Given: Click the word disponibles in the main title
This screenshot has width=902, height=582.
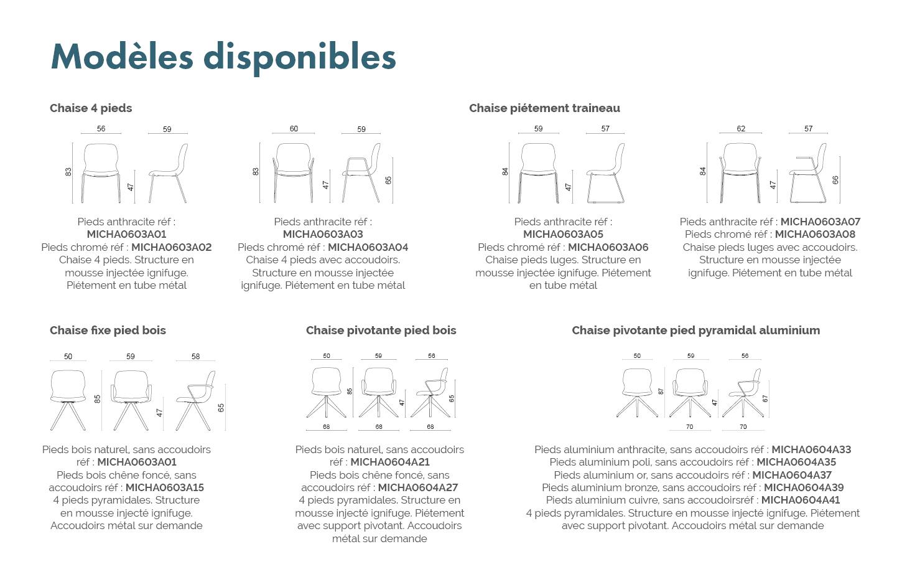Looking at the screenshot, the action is click(x=300, y=58).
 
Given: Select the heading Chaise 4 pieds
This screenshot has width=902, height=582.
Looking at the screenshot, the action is click(x=91, y=108).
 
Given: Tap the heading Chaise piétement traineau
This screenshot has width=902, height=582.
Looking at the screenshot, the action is click(x=544, y=108).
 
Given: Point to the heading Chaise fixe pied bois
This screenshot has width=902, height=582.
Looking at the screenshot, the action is click(x=108, y=331).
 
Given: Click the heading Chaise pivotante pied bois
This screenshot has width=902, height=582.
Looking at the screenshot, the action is click(x=381, y=331).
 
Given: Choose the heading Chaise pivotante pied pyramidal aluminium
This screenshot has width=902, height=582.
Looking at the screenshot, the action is click(x=696, y=331).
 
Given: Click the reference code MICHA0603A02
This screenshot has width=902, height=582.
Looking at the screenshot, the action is click(x=172, y=247).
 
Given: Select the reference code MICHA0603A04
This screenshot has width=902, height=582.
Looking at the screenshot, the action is click(x=368, y=247).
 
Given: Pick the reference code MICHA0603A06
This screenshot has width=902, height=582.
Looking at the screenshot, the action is click(x=608, y=247).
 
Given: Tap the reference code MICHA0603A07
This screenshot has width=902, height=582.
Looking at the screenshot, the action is click(x=821, y=222).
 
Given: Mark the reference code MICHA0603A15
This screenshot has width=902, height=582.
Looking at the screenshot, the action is click(x=165, y=487).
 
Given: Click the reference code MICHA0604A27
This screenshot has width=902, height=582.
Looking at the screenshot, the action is click(x=418, y=487).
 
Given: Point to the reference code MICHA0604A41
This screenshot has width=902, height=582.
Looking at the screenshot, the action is click(x=801, y=500).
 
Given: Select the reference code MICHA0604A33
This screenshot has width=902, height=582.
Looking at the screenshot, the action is click(x=811, y=449).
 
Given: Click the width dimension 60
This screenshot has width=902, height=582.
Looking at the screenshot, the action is click(x=294, y=129).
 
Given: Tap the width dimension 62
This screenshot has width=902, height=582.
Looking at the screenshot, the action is click(x=741, y=129).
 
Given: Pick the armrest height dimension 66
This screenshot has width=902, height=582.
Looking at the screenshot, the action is click(x=835, y=180).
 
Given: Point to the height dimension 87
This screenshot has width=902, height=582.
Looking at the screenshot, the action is click(x=661, y=392).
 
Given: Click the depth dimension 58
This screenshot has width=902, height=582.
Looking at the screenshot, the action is click(x=196, y=357).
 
